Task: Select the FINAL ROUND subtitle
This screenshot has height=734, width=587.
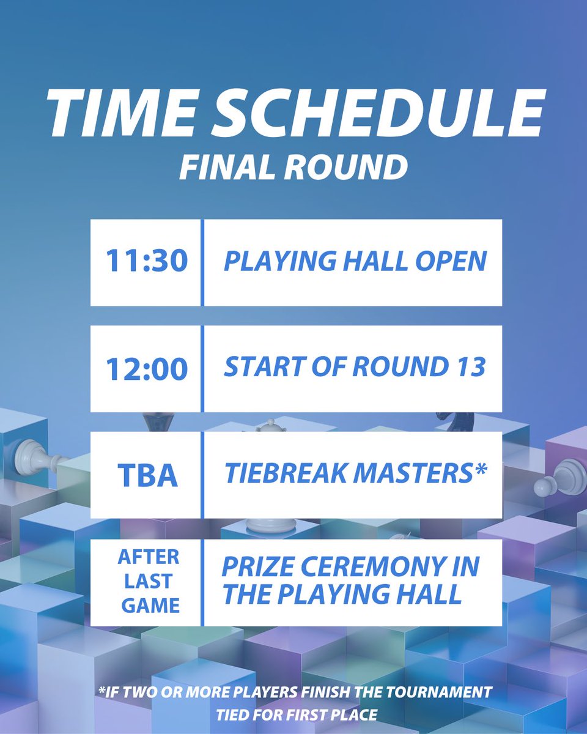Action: click(x=293, y=166)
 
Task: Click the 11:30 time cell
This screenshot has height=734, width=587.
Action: click(x=146, y=262)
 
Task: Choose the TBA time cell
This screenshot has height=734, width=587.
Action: click(x=147, y=475)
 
